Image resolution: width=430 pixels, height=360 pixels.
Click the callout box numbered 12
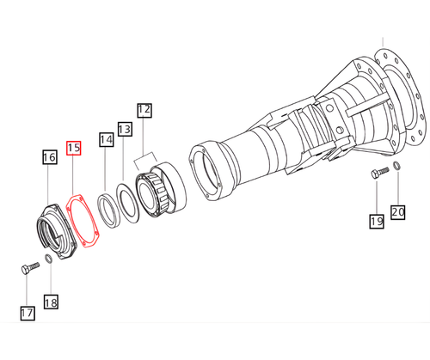[x=144, y=111]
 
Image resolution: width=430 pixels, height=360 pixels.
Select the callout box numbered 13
[x=125, y=129]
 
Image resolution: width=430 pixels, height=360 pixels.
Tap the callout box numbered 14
[x=106, y=139]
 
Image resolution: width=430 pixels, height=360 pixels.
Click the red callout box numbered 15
[x=74, y=148]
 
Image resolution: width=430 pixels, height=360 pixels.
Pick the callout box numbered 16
[x=50, y=157]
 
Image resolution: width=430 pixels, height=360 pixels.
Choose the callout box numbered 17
[x=28, y=313]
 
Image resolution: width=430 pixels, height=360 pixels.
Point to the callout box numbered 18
[x=51, y=302]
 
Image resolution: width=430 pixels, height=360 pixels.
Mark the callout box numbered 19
[x=377, y=221]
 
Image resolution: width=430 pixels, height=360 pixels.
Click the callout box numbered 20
[x=398, y=212]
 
